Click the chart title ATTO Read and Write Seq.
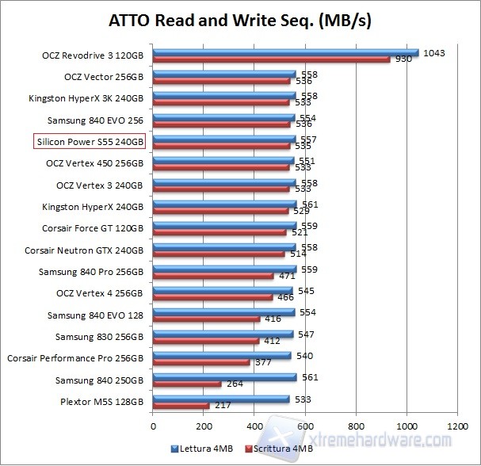click(240, 20)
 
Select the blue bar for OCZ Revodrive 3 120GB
click(285, 52)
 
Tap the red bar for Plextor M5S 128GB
click(181, 405)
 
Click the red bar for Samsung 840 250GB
click(187, 384)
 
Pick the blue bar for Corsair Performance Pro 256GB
click(222, 356)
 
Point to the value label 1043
click(434, 53)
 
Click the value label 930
click(403, 60)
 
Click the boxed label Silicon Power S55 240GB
click(90, 142)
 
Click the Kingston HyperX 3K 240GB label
click(86, 99)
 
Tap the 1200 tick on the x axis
click(457, 426)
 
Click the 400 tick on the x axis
click(254, 426)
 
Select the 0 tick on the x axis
click(153, 426)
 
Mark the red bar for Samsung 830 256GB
click(206, 340)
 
